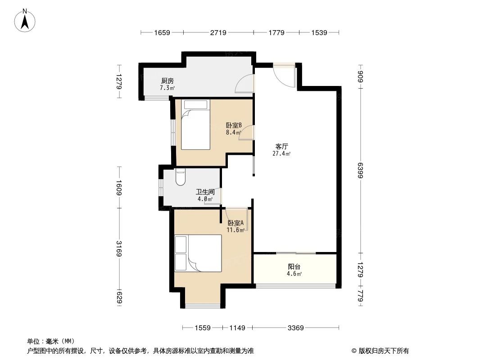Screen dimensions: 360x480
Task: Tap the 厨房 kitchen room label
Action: [x=168, y=81]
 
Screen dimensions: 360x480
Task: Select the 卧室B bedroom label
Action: [x=234, y=125]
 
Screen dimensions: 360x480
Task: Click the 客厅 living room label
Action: [x=282, y=146]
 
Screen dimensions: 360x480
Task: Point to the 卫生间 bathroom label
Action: [x=205, y=192]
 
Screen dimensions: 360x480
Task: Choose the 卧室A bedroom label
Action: [x=235, y=223]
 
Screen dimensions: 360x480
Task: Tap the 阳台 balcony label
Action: [x=294, y=266]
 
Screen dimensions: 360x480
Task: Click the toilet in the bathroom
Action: [x=180, y=177]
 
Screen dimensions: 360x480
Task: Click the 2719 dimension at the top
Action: [x=218, y=32]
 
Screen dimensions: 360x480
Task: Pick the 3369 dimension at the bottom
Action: [x=296, y=328]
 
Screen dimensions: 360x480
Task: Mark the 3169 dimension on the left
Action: [x=119, y=249]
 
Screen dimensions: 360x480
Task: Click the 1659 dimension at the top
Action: [x=162, y=32]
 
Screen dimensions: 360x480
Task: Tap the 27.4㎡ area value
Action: [x=281, y=153]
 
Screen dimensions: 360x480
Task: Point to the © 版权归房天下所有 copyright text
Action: [x=380, y=351]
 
